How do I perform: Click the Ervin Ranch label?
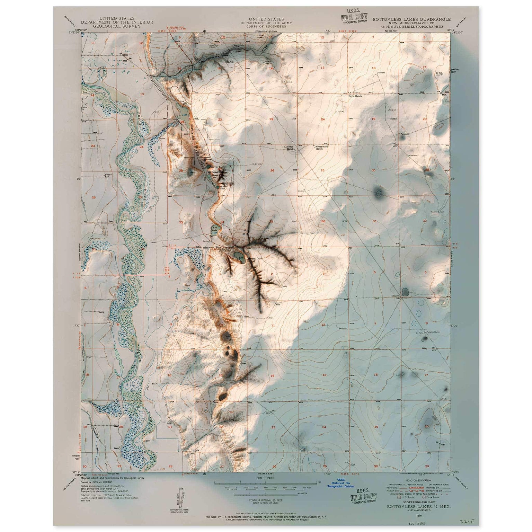pos(355,96)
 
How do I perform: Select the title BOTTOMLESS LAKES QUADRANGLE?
pos(411,19)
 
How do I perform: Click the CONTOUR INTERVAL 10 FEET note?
pos(266,500)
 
